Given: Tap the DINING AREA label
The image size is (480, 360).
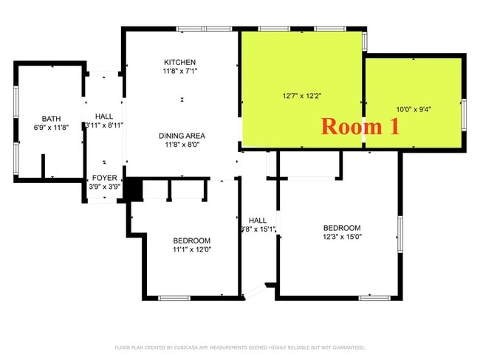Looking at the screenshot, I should pos(181,136).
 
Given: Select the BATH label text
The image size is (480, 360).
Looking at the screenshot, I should pos(51,118).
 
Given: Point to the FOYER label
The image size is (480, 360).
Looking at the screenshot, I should pos(103,178).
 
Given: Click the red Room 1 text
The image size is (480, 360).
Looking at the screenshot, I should pos(360,126).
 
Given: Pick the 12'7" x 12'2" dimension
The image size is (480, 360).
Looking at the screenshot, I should pos(301,96).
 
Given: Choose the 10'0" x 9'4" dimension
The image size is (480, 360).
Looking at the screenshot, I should pos(414,109).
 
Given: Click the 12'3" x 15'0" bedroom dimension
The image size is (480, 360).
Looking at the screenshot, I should pos(342,237).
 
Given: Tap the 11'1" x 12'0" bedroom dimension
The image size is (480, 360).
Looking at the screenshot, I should pos(192,249).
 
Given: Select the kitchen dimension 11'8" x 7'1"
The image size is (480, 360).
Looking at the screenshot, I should pos(181,71).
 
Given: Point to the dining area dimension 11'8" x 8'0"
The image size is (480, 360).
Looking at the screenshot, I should pos(181,145).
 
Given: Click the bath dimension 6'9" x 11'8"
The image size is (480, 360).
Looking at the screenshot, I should pos(51,128).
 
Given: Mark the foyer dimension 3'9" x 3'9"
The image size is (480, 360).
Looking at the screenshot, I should pos(103,187).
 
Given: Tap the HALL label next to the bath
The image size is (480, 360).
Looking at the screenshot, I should pos(103,117).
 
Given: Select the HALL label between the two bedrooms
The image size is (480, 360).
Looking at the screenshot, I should pos(258,220).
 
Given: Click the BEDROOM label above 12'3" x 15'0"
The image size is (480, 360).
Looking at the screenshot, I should pos(342,228).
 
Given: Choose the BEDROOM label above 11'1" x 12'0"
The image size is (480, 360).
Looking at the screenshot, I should pos(192,240).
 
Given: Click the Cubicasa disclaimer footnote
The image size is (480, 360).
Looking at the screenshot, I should pos(240,347).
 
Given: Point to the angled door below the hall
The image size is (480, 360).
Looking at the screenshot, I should pos(255,291).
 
